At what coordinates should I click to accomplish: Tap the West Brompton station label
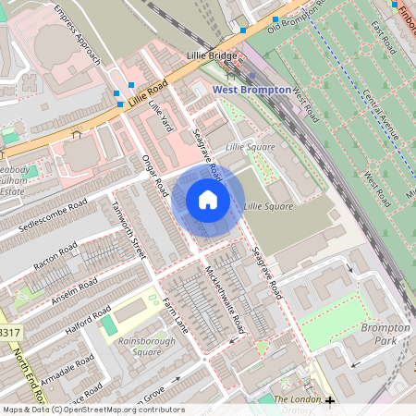[251, 90]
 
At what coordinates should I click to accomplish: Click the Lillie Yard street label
[159, 117]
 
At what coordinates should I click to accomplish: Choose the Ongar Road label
[146, 171]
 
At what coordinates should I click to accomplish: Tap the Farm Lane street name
[176, 314]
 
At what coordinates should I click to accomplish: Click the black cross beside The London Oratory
[330, 400]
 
